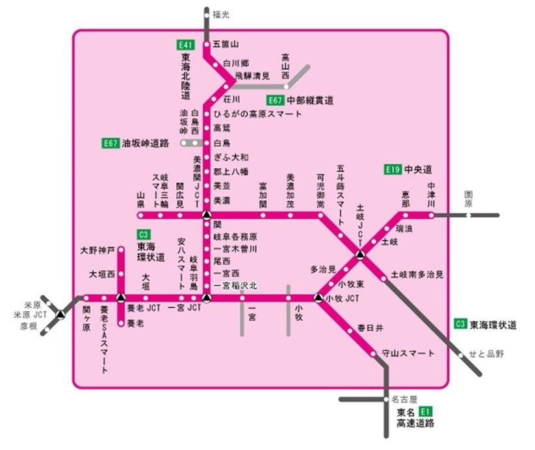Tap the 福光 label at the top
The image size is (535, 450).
pos(221,14)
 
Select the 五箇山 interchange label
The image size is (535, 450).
pos(226,45)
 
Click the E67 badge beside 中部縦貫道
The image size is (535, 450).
pos(276,101)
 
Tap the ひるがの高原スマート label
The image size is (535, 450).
pos(257,114)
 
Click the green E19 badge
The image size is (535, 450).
pos(392,170)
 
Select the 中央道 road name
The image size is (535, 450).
pos(418,170)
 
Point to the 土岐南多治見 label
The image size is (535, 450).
pos(417,275)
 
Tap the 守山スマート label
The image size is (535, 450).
pos(408,353)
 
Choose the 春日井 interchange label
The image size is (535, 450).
pos(370,328)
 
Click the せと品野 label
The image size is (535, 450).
pos(486,354)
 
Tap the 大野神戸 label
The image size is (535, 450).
pos(98,250)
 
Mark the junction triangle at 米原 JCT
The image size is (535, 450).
pos(60,314)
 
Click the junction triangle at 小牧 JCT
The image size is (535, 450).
pos(317,298)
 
